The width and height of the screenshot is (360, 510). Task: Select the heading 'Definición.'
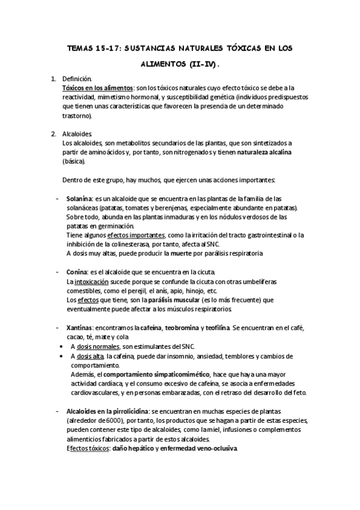point(77,79)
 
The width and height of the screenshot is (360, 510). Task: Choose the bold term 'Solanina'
point(79,198)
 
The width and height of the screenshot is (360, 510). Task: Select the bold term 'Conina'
point(76,271)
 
